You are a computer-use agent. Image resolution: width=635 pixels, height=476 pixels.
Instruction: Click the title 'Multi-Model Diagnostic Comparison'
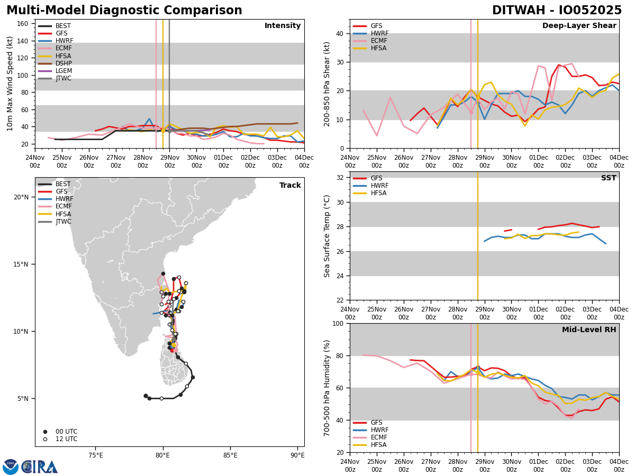tap(124, 11)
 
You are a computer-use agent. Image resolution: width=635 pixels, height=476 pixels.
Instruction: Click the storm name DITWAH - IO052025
tap(557, 11)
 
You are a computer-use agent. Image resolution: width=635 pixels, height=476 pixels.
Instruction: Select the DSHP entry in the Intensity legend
tap(63, 63)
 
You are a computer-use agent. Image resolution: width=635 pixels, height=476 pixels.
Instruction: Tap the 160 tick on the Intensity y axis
tap(23, 24)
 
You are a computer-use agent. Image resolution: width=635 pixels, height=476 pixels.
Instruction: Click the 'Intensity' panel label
tap(282, 26)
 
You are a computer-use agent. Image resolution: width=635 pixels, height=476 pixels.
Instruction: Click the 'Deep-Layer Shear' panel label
tap(579, 26)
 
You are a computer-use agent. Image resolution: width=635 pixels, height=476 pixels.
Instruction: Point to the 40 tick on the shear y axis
tap(341, 33)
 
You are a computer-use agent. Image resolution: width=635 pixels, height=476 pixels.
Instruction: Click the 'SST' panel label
tap(608, 178)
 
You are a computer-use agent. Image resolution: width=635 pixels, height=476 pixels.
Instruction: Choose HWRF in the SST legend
tap(379, 186)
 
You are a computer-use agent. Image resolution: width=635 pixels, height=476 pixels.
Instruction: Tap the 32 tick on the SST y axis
tap(341, 177)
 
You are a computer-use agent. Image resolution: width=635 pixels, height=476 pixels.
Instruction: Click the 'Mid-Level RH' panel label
tap(588, 330)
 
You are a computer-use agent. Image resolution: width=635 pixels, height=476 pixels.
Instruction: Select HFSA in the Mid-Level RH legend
tap(378, 445)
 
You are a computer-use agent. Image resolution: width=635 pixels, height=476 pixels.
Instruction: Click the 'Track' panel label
tap(290, 186)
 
